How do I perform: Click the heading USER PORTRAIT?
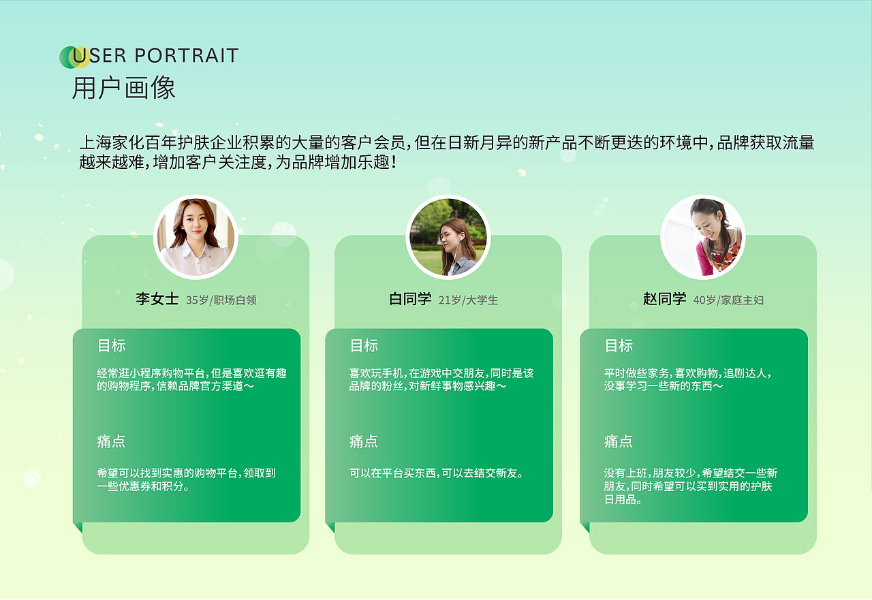pyautogui.click(x=155, y=56)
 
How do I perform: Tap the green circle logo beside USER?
pyautogui.click(x=70, y=57)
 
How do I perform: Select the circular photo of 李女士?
pyautogui.click(x=196, y=238)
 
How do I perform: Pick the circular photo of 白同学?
pyautogui.click(x=448, y=237)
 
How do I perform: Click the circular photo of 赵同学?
pyautogui.click(x=702, y=237)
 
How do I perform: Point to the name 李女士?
pyautogui.click(x=157, y=299)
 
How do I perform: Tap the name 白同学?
pyautogui.click(x=410, y=299)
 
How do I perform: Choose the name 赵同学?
pyautogui.click(x=664, y=299)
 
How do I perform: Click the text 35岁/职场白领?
pyautogui.click(x=221, y=300)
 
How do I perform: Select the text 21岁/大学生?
pyautogui.click(x=468, y=300)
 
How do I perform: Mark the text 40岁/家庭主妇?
pyautogui.click(x=728, y=300)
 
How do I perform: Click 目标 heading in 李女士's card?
pyautogui.click(x=111, y=346)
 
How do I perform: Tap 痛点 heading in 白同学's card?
pyautogui.click(x=364, y=442)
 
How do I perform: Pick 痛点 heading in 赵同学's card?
pyautogui.click(x=619, y=442)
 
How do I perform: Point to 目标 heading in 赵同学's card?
pyautogui.click(x=619, y=346)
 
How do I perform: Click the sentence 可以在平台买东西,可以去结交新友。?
pyautogui.click(x=437, y=473)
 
